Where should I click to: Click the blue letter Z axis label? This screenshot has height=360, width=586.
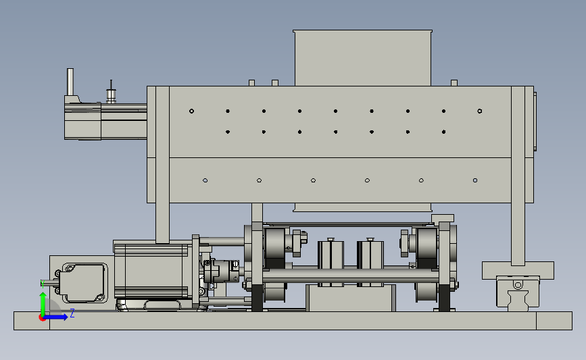click(x=72, y=313)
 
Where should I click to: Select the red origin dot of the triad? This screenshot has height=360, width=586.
click(x=42, y=318)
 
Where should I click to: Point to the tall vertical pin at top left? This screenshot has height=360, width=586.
click(x=70, y=82)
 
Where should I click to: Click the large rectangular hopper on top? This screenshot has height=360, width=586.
click(x=362, y=58)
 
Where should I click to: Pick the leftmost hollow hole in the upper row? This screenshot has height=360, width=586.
click(x=192, y=111)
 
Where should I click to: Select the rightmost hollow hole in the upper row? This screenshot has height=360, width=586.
click(x=480, y=111)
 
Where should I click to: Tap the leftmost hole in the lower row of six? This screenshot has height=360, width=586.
click(x=205, y=180)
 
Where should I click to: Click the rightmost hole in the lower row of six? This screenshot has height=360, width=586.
click(x=475, y=180)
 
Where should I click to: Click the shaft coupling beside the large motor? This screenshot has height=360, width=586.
click(x=221, y=271)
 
